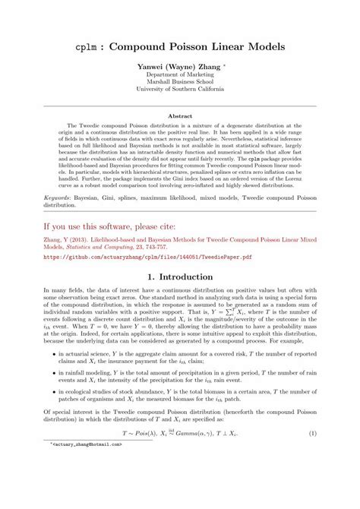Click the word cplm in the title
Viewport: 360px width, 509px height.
pyautogui.click(x=86, y=46)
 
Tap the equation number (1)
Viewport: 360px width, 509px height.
pyautogui.click(x=313, y=475)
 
